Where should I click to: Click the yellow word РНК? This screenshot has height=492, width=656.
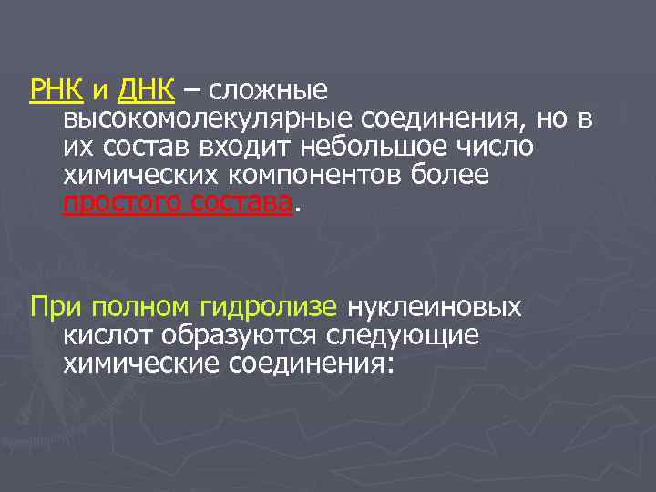[57, 91]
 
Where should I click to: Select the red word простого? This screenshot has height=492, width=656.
[119, 203]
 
